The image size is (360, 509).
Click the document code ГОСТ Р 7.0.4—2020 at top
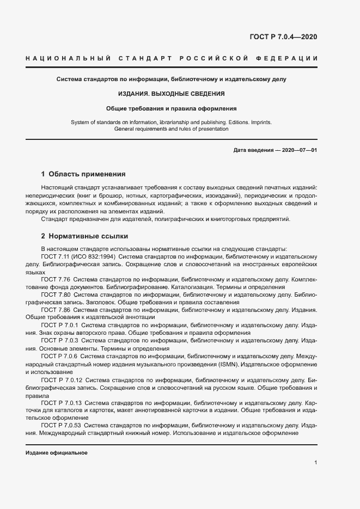coord(283,37)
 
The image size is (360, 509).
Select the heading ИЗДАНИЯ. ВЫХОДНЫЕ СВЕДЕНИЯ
coord(172,94)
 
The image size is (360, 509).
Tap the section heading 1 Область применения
coord(83,175)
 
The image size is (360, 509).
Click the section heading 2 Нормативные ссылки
coord(84,237)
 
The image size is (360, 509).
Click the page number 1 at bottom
coord(316,462)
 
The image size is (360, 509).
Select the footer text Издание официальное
coord(57,453)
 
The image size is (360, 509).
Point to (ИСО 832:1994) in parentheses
coord(94,256)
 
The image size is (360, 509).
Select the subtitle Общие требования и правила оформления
coord(172,108)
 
